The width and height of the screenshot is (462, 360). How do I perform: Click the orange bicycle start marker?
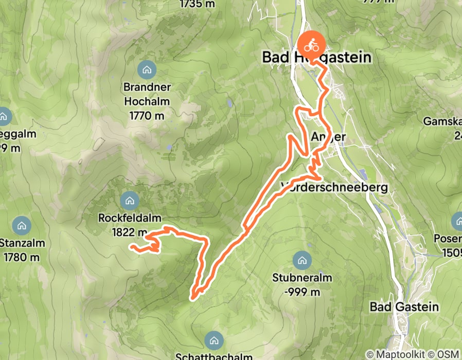click(x=311, y=45)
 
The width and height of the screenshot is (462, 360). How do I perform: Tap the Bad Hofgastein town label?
click(x=316, y=57)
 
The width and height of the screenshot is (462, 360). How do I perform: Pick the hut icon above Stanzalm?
click(x=22, y=225)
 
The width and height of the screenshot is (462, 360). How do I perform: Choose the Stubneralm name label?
click(x=302, y=278)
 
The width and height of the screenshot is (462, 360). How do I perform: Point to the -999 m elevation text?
click(x=302, y=292)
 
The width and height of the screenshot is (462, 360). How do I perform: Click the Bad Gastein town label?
click(x=404, y=307)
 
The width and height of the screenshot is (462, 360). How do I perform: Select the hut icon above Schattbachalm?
click(x=214, y=340)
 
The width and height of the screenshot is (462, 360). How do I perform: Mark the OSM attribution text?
click(x=447, y=354)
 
